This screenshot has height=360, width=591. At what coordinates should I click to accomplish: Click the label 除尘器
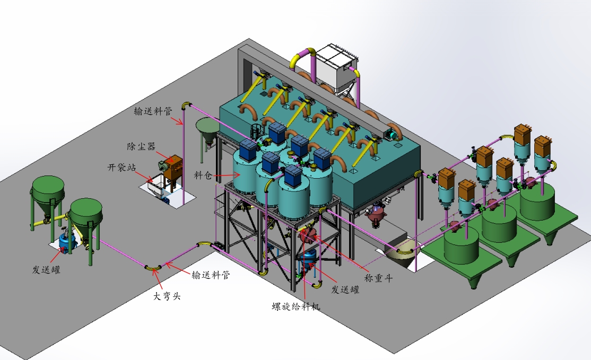pos(141,146)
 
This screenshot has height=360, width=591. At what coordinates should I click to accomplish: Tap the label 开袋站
pos(121,168)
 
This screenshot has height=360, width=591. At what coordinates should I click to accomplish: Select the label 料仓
pos(203,175)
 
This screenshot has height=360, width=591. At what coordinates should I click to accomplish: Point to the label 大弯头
pos(167,296)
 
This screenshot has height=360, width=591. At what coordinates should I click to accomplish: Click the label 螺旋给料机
pos(296,306)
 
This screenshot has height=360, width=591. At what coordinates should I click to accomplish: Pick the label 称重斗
pos(378,278)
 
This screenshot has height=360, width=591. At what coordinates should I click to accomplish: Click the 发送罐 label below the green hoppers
pos(46,270)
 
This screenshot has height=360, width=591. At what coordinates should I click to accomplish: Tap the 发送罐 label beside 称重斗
pos(345,289)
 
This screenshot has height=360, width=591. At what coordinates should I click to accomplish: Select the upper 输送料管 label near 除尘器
pos(153,111)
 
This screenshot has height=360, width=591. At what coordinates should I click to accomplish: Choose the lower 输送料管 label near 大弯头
pos(211,275)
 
